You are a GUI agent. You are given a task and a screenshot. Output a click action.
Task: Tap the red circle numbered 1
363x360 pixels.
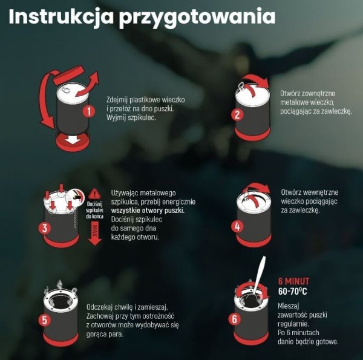point(89,111)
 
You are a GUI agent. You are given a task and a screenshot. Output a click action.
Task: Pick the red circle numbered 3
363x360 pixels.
point(45,228)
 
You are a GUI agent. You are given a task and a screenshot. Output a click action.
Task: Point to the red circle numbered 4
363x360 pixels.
point(238,227)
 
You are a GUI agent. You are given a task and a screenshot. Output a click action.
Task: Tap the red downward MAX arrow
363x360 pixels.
point(94,233)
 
